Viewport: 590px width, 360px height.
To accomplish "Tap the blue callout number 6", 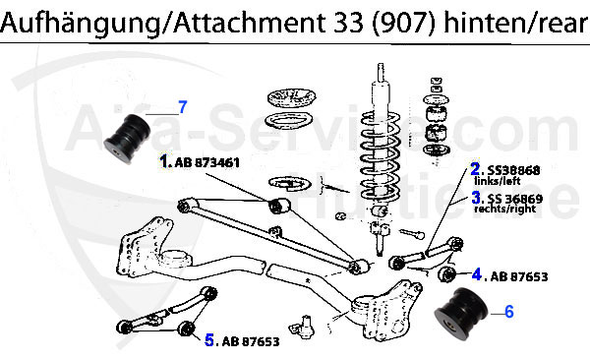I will (509, 312).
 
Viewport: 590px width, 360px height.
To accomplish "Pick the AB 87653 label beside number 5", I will (250, 341).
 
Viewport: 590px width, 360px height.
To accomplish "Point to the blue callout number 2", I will (474, 169).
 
